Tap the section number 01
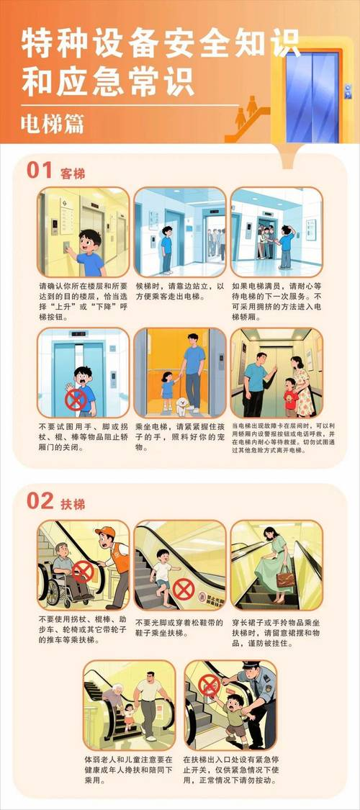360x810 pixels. pyautogui.click(x=40, y=171)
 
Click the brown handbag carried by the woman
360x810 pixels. pyautogui.click(x=286, y=577)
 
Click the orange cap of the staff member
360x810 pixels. pyautogui.click(x=106, y=532)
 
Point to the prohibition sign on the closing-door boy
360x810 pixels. pyautogui.click(x=76, y=398)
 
